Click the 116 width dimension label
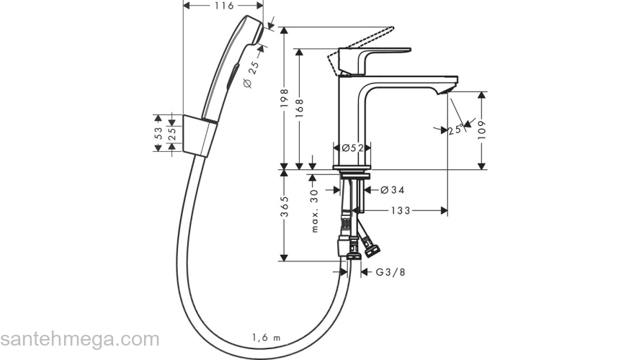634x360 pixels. click(224, 6)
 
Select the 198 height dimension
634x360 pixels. click(285, 97)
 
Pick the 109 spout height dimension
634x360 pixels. click(481, 130)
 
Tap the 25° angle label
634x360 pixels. click(455, 130)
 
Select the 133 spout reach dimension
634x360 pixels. click(403, 210)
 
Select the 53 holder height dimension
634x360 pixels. click(158, 133)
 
